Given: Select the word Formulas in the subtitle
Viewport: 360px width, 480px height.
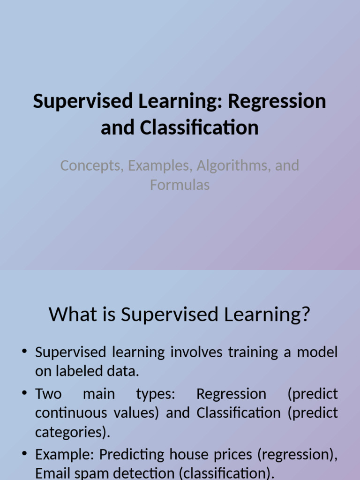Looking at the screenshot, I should click(180, 185).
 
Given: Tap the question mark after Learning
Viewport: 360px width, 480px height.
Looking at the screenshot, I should click(305, 314).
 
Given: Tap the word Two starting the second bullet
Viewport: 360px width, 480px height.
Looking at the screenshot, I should click(48, 394).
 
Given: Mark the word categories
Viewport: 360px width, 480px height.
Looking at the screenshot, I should click(72, 432).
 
